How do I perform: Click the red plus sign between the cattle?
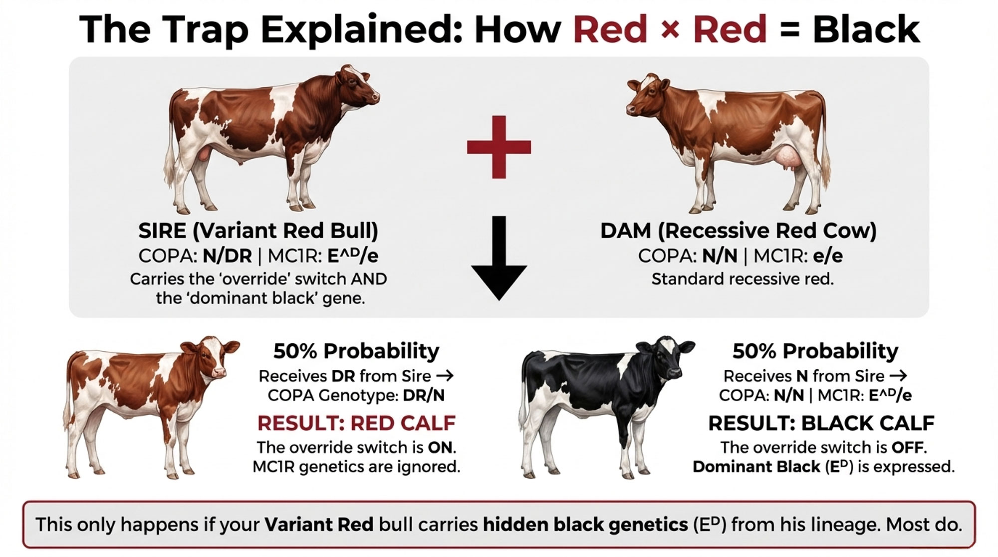pos(499,147)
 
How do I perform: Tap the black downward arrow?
pos(499,260)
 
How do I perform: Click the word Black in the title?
pos(866,29)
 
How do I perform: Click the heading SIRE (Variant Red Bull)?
pos(258,231)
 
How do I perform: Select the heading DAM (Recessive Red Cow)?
pos(738,231)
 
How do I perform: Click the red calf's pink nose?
pos(219,372)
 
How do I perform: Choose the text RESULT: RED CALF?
pos(356,423)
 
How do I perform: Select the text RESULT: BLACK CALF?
pos(821,423)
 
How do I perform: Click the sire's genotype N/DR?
pos(227,256)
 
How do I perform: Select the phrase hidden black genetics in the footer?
pos(585,525)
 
